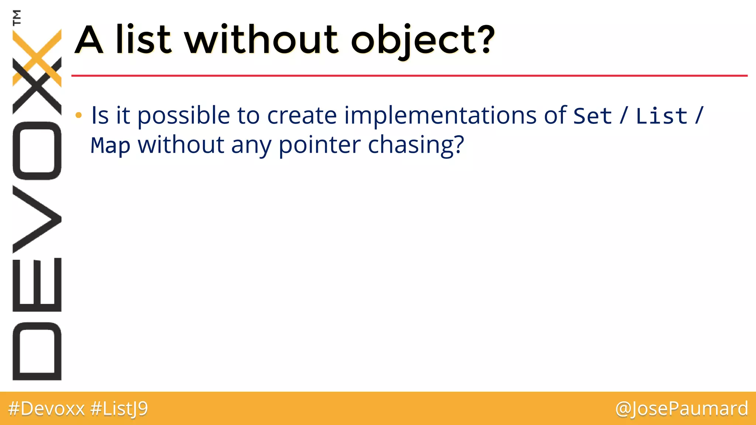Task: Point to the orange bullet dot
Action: [78, 115]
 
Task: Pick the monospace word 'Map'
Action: [110, 145]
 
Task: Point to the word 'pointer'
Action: [319, 145]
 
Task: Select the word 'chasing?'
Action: [416, 145]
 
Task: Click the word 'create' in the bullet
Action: [302, 115]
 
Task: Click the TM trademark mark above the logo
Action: [17, 17]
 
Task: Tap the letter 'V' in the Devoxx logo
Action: [37, 219]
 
